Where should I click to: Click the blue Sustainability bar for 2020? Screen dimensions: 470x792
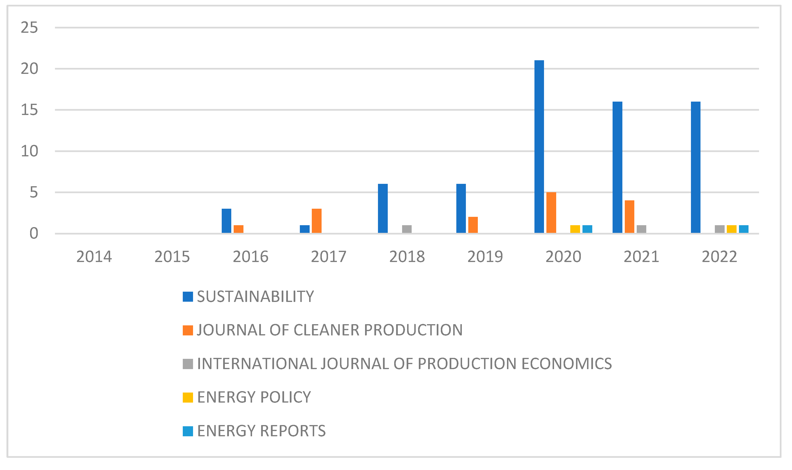(x=539, y=147)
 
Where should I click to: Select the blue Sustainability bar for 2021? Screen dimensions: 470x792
(x=617, y=167)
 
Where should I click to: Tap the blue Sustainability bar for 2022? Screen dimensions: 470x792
(x=695, y=167)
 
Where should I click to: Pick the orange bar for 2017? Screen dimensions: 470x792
(x=316, y=221)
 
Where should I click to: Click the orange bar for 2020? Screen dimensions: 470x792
(x=551, y=213)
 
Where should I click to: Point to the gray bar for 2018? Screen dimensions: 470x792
(x=407, y=229)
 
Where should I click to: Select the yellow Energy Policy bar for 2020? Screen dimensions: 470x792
(x=575, y=229)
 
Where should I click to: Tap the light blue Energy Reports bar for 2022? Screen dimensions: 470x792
(x=744, y=229)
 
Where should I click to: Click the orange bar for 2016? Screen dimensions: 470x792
(x=238, y=229)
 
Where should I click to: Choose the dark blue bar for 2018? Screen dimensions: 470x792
(x=383, y=208)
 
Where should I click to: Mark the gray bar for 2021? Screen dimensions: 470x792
(x=641, y=229)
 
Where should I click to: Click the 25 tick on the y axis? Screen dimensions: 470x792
(x=29, y=28)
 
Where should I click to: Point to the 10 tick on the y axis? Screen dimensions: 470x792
(x=29, y=151)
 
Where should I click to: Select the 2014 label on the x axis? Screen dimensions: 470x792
(x=94, y=257)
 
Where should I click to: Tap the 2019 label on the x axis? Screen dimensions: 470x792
(x=485, y=257)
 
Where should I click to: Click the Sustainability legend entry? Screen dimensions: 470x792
(x=255, y=297)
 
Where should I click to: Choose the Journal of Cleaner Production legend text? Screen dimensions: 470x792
(x=329, y=330)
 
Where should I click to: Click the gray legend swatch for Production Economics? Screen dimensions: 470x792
(x=188, y=364)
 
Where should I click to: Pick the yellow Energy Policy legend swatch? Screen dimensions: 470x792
(x=188, y=398)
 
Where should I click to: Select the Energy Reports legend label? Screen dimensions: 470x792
(x=261, y=431)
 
